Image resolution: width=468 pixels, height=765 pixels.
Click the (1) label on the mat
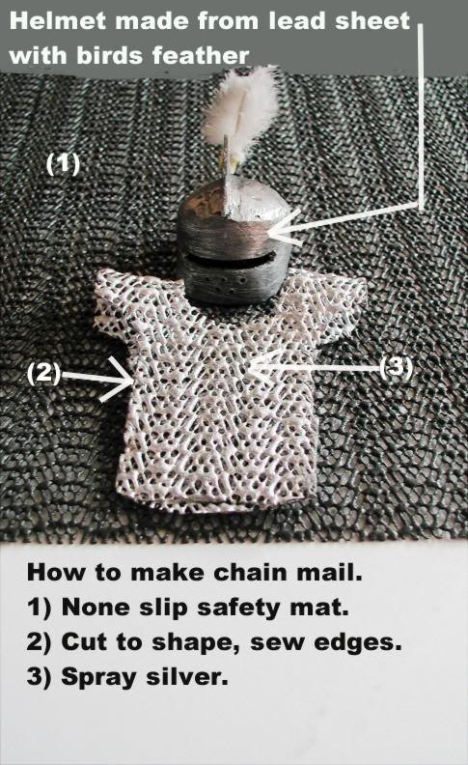(63, 164)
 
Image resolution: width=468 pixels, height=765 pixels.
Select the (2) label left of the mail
(45, 374)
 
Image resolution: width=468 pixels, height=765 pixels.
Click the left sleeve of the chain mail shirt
(117, 296)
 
